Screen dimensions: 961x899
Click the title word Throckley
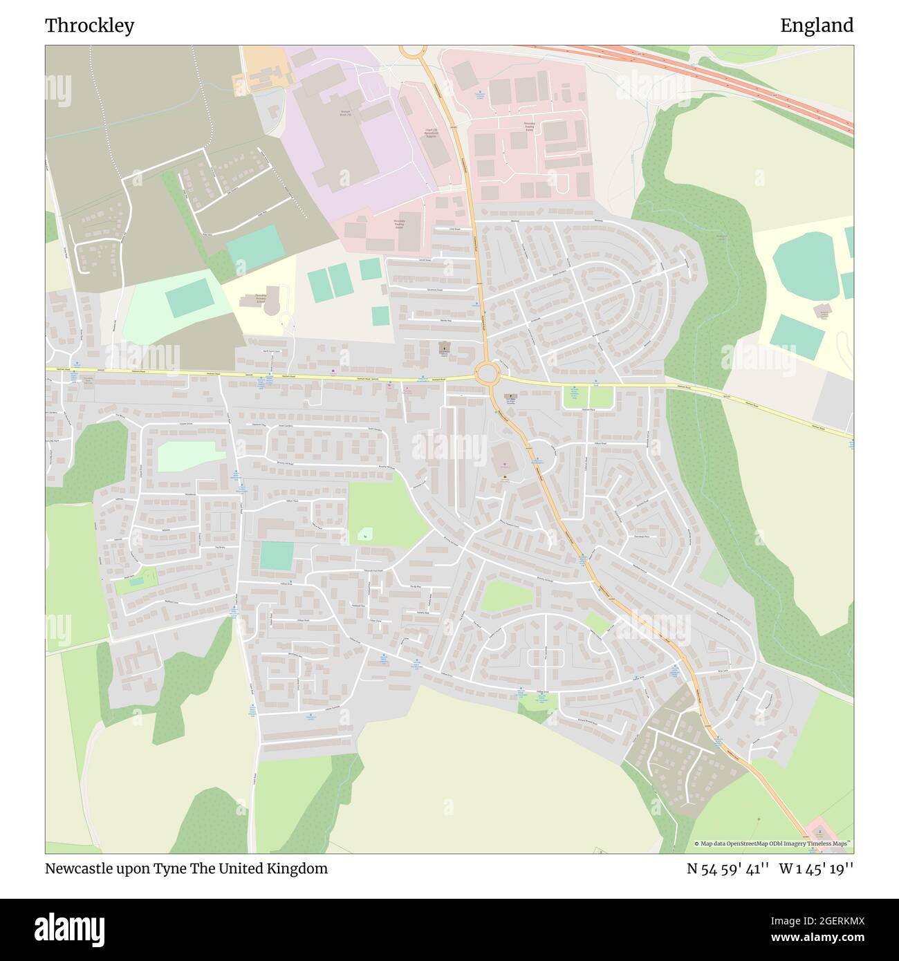tap(90, 26)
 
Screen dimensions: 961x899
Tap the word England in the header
tap(817, 26)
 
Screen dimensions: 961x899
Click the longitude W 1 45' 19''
tap(816, 868)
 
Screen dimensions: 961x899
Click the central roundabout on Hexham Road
tap(487, 375)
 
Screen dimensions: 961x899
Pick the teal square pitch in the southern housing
tap(277, 556)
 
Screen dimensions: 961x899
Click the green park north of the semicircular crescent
tap(507, 596)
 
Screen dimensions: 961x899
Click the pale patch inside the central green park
tap(364, 534)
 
